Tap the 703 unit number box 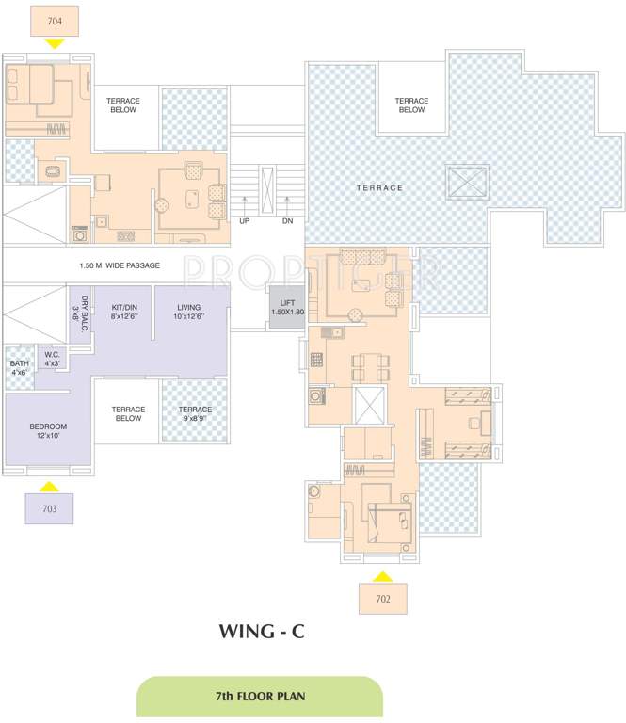pos(50,508)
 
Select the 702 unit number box pos(383,597)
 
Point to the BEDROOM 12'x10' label pos(48,430)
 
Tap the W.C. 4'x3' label pos(52,359)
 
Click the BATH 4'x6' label pos(19,367)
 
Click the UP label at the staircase pos(245,220)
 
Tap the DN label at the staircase pos(287,220)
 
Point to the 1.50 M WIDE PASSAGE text pos(120,265)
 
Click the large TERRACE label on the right pos(379,187)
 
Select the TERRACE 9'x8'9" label pos(195,414)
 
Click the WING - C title pos(261,632)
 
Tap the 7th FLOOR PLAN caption pos(261,697)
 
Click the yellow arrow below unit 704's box pos(55,42)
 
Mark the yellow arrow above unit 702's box pos(382,574)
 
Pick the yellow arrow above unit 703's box pos(50,486)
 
